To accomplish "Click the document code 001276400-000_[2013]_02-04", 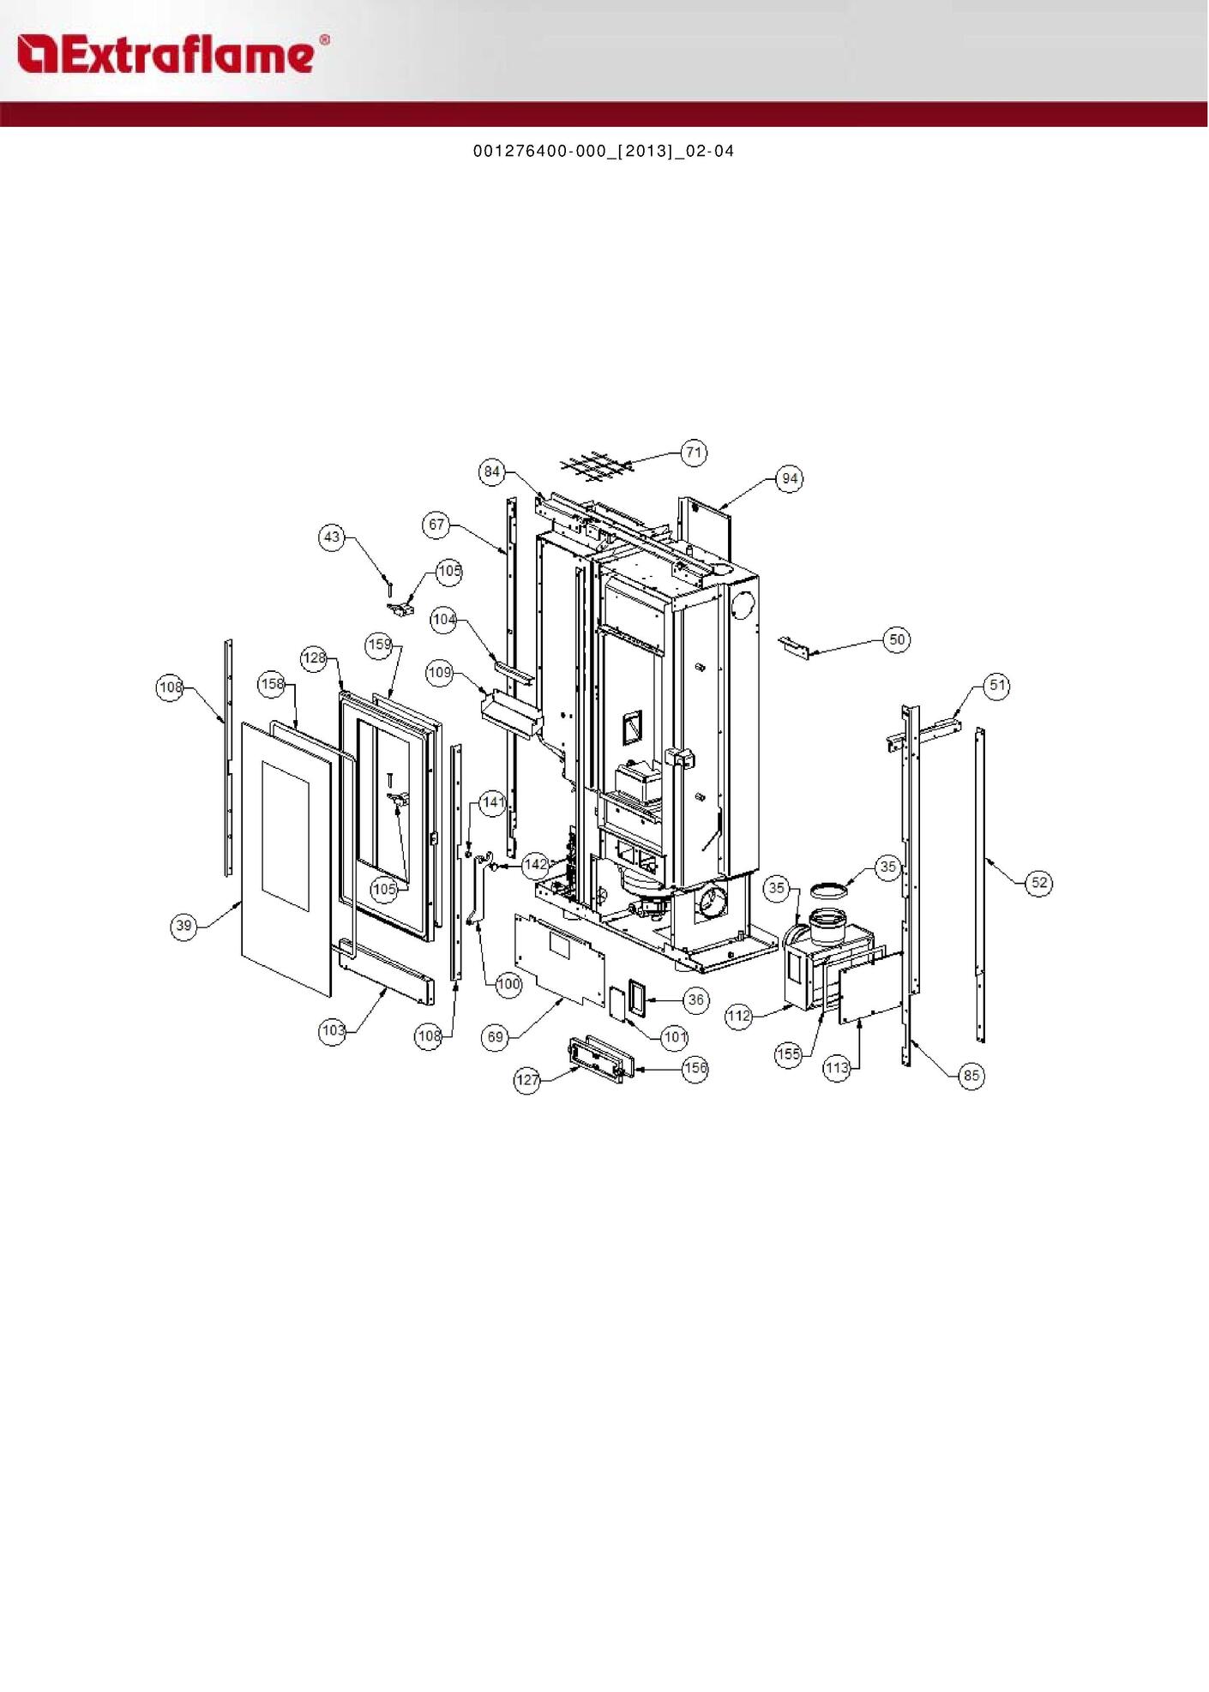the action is point(604,151).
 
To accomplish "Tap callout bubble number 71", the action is point(694,452).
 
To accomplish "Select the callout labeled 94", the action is point(790,478).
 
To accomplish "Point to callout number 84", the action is point(491,471).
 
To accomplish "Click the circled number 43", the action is point(332,537).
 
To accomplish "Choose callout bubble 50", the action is point(897,639).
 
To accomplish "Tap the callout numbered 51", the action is point(997,686).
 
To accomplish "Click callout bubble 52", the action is point(1039,883).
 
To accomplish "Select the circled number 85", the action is point(971,1076).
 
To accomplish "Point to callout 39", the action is point(183,926).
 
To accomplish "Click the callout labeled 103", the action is point(333,1030).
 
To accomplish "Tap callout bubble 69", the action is point(496,1037).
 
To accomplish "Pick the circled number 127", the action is point(527,1080).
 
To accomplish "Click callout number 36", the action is point(696,999).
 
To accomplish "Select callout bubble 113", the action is point(837,1068).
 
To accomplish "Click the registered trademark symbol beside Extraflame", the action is point(324,40).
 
